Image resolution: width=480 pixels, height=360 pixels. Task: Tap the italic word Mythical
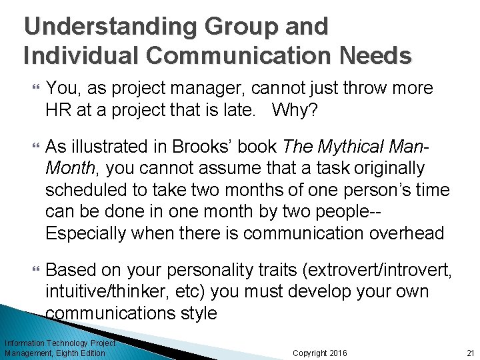[354, 146]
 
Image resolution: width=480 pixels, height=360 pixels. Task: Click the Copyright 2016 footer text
[320, 353]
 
